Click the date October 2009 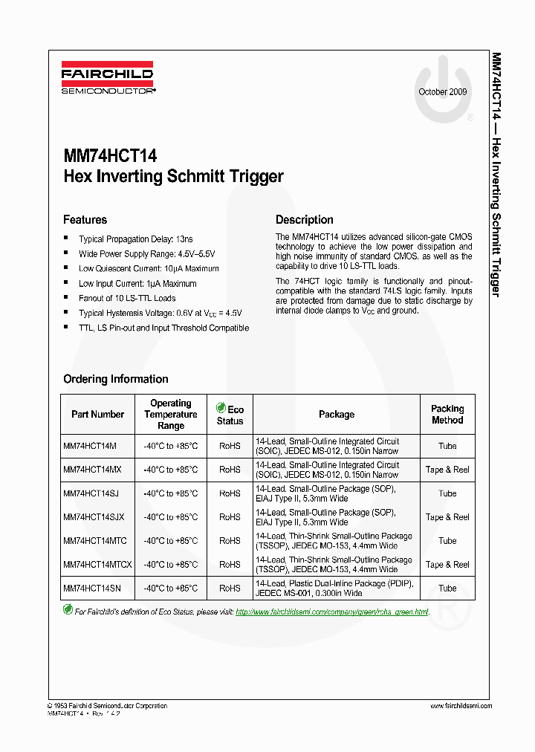443,92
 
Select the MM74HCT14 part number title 110,157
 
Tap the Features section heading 85,220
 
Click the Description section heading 304,220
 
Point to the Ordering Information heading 115,379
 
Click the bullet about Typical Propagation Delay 135,239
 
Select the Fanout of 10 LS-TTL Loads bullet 127,298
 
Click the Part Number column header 97,415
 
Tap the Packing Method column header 447,415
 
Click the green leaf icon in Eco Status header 221,408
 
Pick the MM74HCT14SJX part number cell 94,517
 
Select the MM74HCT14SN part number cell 92,588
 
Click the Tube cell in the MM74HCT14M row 447,446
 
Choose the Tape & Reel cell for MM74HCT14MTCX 447,565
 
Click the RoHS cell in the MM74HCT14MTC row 230,541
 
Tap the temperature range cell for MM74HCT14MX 170,470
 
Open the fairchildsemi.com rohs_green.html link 331,612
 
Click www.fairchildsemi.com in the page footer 461,706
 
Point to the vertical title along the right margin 496,175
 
